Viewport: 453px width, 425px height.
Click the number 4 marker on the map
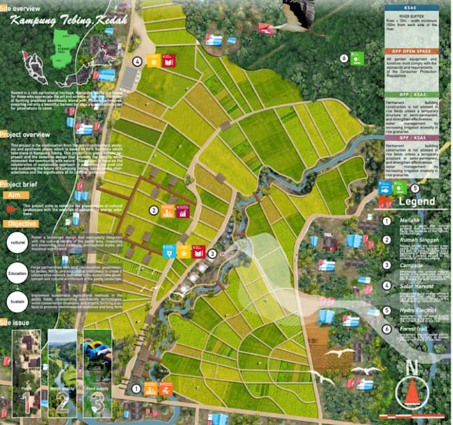coord(137,61)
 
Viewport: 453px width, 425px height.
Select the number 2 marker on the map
coord(153,211)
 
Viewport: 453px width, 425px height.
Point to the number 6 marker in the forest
coord(344,58)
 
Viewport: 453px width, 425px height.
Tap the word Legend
coord(416,202)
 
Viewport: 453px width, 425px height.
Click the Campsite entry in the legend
coord(410,264)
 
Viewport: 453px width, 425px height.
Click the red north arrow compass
coord(412,392)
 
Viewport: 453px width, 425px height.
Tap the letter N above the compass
coord(412,367)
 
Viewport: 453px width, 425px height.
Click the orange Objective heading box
coord(24,223)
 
